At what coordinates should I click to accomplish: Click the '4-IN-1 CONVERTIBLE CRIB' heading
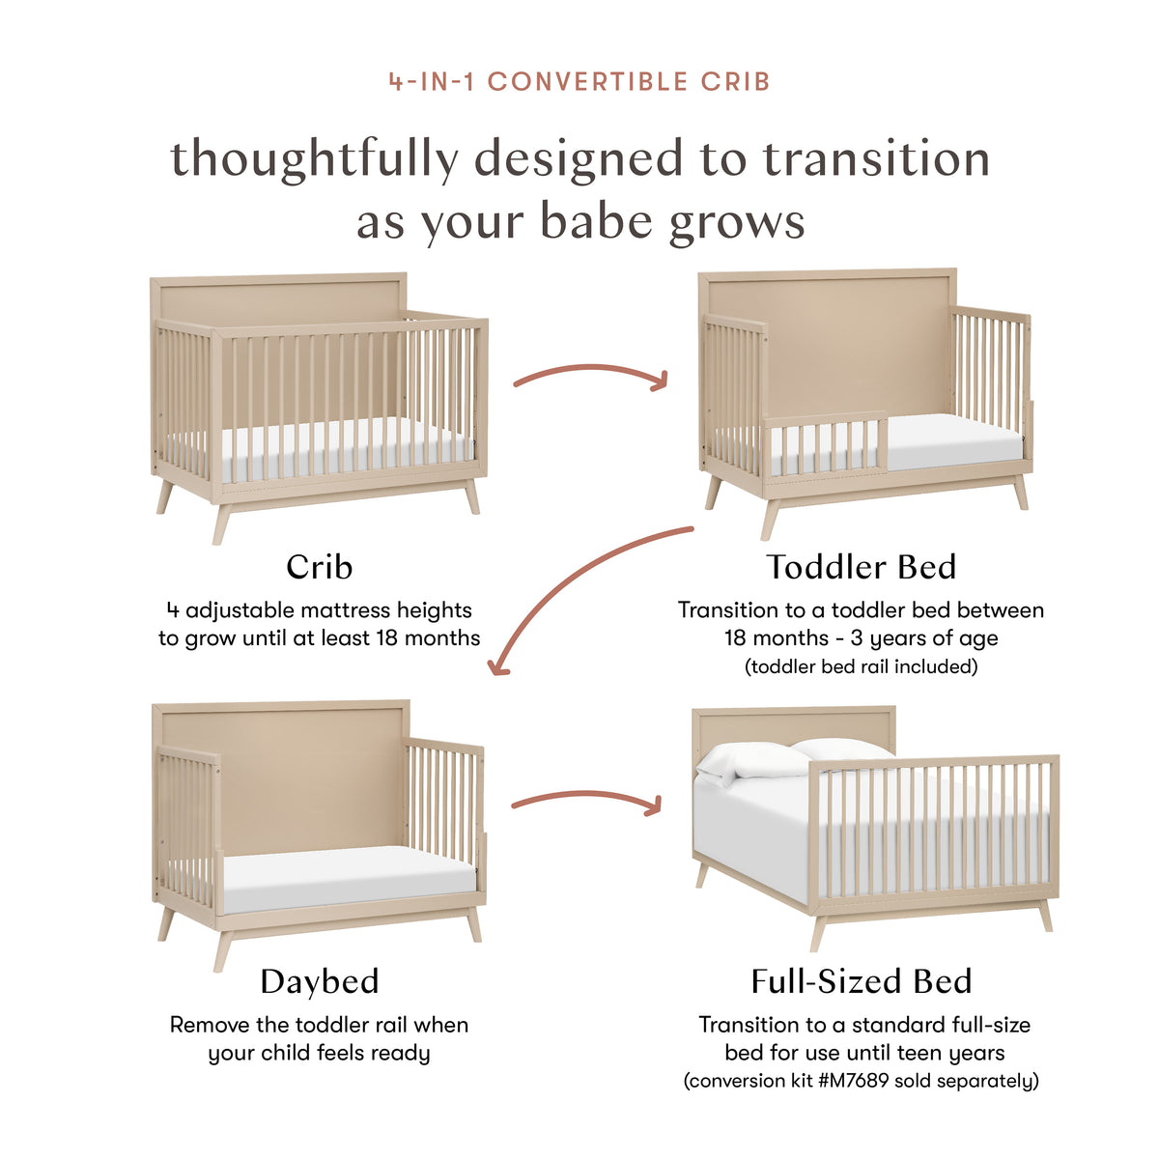point(579,81)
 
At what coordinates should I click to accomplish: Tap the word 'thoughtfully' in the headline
point(314,160)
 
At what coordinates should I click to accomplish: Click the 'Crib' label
point(319,567)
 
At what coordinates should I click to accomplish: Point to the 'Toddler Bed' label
point(861,567)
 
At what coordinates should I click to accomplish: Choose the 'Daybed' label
point(319,981)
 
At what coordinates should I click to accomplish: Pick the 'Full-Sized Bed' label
point(861,981)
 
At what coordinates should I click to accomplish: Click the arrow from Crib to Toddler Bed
point(590,374)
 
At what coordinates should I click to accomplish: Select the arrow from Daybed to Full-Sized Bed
point(586,799)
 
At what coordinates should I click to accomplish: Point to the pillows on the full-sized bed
point(792,758)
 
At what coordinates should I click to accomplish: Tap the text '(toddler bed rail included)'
point(861,666)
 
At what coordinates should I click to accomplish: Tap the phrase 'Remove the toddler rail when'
point(319,1025)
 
